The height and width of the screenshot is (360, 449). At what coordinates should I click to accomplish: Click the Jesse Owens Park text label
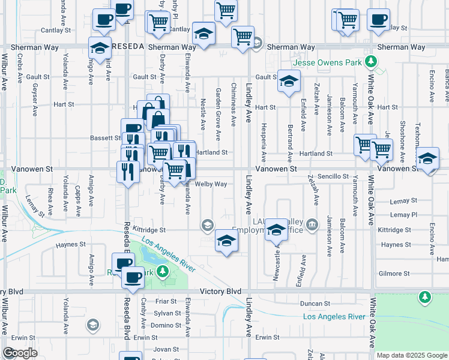(327, 62)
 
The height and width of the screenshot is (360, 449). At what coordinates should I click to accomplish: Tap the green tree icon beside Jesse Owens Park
(372, 61)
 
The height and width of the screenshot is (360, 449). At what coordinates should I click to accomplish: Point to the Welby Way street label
(210, 184)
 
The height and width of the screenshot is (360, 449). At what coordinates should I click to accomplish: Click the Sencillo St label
(333, 176)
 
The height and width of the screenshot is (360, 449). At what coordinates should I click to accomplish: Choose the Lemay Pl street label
(403, 215)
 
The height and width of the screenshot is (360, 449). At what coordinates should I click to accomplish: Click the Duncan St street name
(316, 304)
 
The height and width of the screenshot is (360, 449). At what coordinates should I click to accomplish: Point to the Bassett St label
(106, 138)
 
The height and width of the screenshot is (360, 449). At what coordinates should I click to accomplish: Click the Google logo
(20, 353)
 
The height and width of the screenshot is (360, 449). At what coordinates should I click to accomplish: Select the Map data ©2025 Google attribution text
(412, 355)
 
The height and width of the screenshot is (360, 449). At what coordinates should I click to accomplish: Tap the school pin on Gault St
(289, 81)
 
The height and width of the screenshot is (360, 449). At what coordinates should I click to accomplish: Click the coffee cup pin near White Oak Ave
(378, 19)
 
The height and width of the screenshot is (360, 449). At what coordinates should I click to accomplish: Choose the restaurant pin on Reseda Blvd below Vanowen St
(127, 172)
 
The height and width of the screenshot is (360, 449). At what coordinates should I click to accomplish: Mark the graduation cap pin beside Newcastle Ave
(276, 231)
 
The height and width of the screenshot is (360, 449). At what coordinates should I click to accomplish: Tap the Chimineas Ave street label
(233, 98)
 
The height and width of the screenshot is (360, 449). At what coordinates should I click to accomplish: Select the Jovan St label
(162, 349)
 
